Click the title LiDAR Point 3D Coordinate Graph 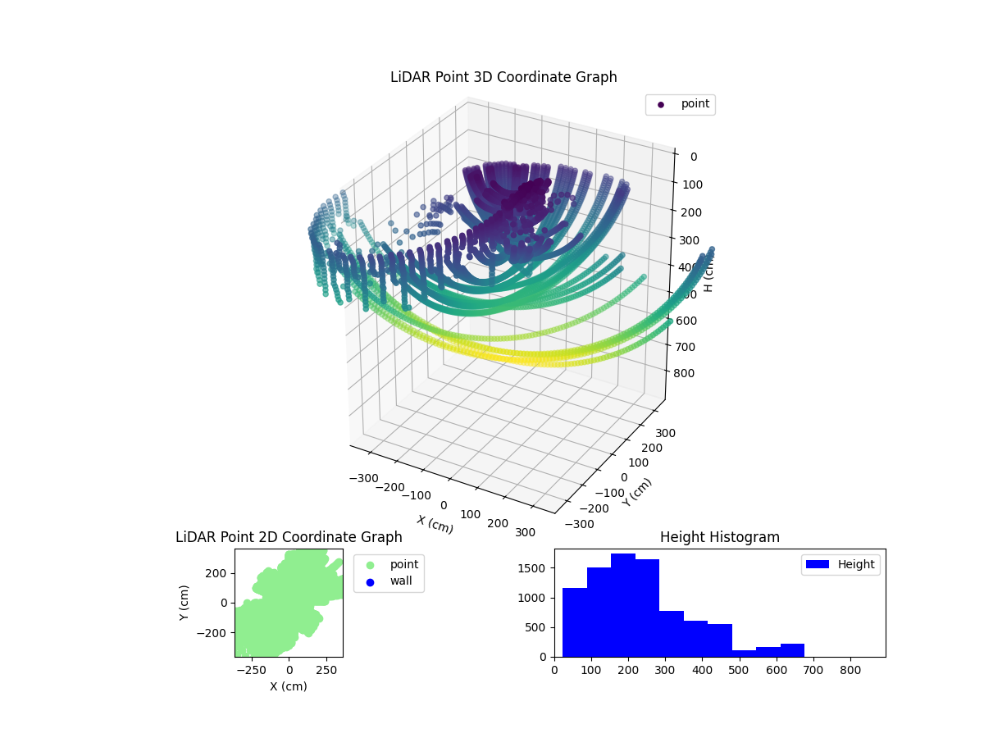pyautogui.click(x=503, y=77)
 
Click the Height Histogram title pyautogui.click(x=719, y=537)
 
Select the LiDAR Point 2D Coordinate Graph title pyautogui.click(x=289, y=537)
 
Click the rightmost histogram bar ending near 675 pyautogui.click(x=792, y=650)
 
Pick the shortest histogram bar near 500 pyautogui.click(x=744, y=653)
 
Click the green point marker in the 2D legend pyautogui.click(x=370, y=565)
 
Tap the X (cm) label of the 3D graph pyautogui.click(x=435, y=525)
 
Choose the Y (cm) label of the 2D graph pyautogui.click(x=185, y=603)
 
